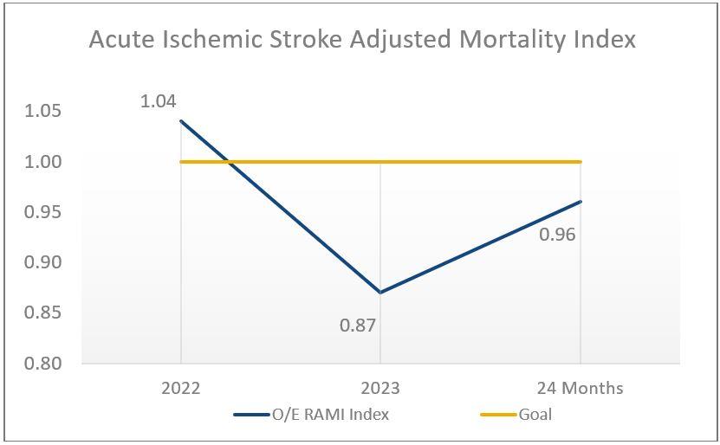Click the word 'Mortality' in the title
(x=508, y=40)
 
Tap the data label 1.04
(x=158, y=101)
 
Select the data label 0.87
(x=358, y=326)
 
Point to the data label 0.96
(x=557, y=234)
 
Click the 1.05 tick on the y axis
(x=42, y=111)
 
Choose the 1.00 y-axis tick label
(x=42, y=162)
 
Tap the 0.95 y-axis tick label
(x=42, y=212)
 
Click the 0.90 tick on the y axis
(x=42, y=262)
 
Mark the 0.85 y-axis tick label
(x=42, y=313)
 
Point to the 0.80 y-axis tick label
(x=42, y=364)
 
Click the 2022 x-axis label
(x=180, y=388)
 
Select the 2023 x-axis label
(x=379, y=388)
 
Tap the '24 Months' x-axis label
(x=579, y=388)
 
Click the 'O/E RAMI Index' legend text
(x=330, y=415)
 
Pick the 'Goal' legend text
(x=535, y=415)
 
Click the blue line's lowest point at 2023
(x=379, y=293)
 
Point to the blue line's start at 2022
(x=180, y=121)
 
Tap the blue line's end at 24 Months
(x=579, y=202)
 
